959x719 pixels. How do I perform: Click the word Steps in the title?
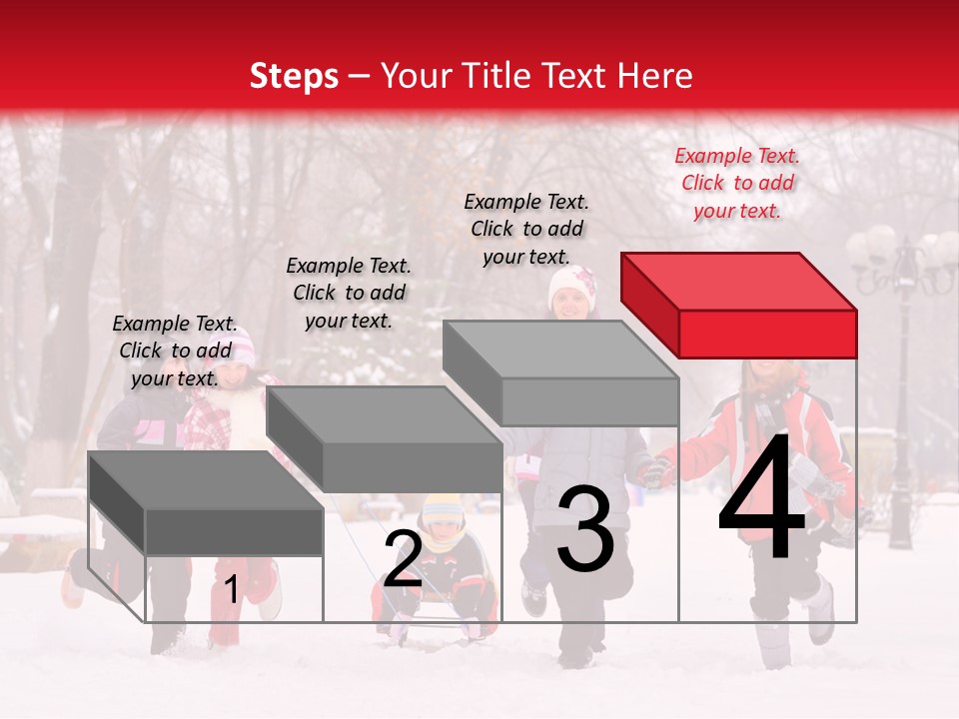click(x=294, y=76)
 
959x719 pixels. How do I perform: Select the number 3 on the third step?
click(x=585, y=530)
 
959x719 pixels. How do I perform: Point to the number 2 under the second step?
click(x=403, y=559)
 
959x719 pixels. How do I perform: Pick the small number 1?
click(x=232, y=590)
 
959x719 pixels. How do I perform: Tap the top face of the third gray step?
click(x=559, y=350)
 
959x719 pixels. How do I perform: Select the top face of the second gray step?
click(x=385, y=413)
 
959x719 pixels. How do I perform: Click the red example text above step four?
click(x=737, y=183)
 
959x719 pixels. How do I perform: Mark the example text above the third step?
click(x=527, y=229)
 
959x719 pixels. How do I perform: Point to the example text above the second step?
click(x=349, y=293)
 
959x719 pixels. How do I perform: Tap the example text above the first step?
click(x=175, y=351)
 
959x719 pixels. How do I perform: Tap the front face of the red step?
click(x=767, y=333)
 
